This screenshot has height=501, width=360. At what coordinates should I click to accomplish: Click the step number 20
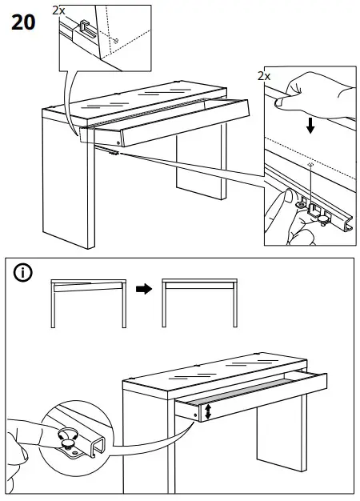point(23,22)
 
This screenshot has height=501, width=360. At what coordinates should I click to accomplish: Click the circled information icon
point(24,273)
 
